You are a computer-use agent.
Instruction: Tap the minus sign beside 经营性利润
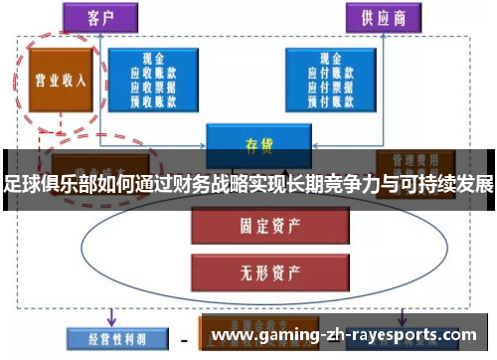tap(184, 339)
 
